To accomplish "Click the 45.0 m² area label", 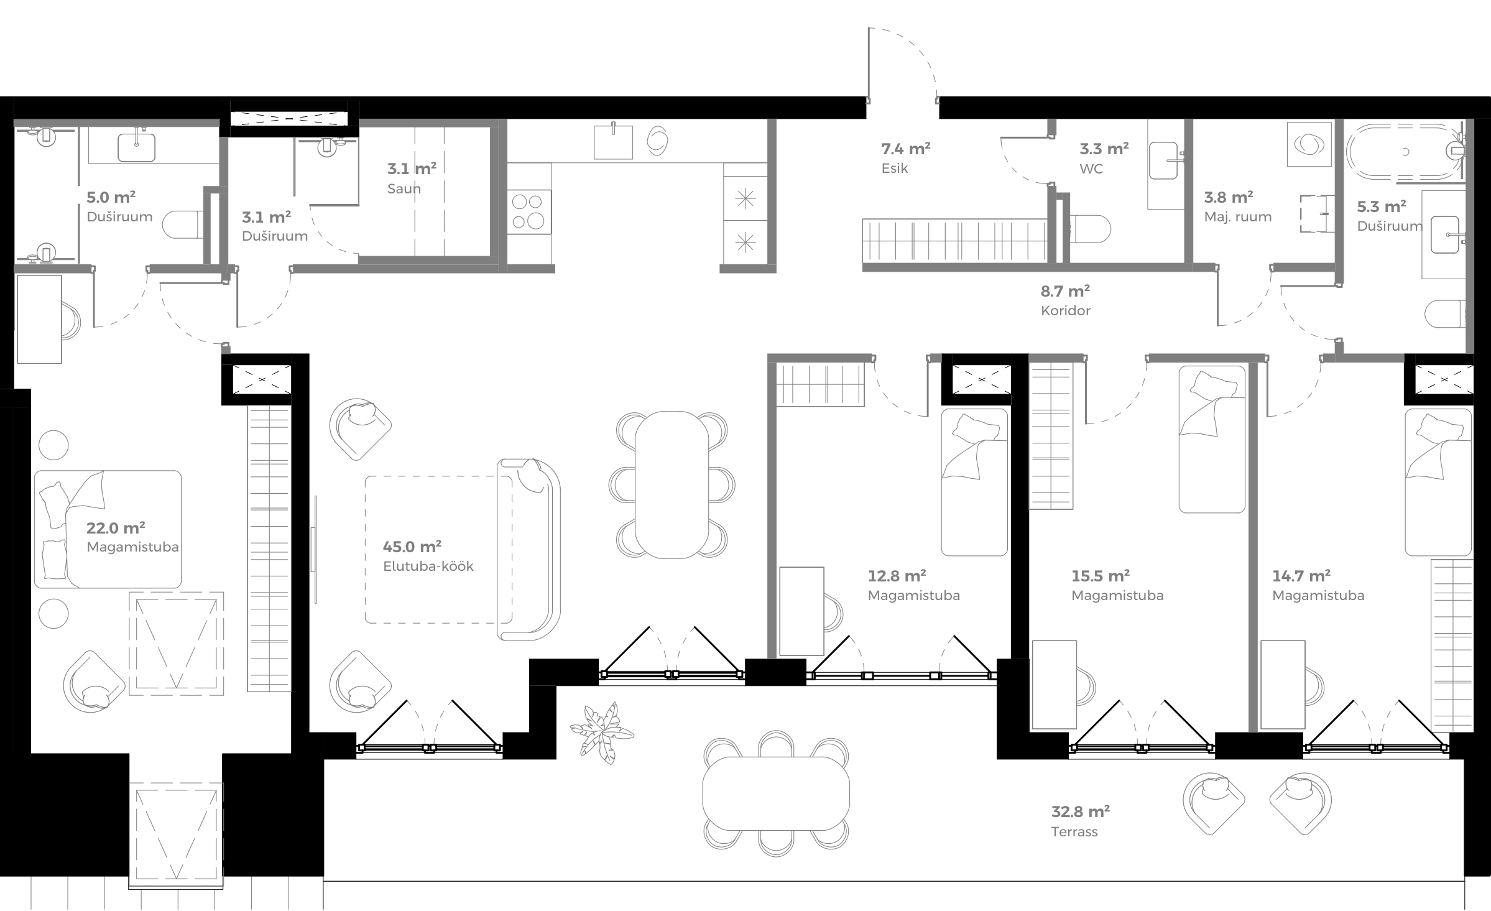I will (x=412, y=547).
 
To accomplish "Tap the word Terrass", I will (x=1074, y=832).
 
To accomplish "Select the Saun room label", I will (x=404, y=188).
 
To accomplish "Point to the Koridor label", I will (x=1066, y=310).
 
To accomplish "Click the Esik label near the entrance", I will (x=895, y=169).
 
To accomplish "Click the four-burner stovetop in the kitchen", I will (x=529, y=211).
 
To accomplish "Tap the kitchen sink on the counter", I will (x=613, y=142).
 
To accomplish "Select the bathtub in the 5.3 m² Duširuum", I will (x=1404, y=151).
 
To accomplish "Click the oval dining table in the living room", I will (x=672, y=484).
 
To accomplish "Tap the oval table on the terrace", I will (x=776, y=794).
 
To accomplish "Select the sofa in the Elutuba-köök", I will (x=529, y=550).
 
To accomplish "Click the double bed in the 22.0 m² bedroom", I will (x=108, y=529).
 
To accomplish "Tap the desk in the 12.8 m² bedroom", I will (x=801, y=611).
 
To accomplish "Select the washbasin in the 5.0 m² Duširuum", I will (x=136, y=147).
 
